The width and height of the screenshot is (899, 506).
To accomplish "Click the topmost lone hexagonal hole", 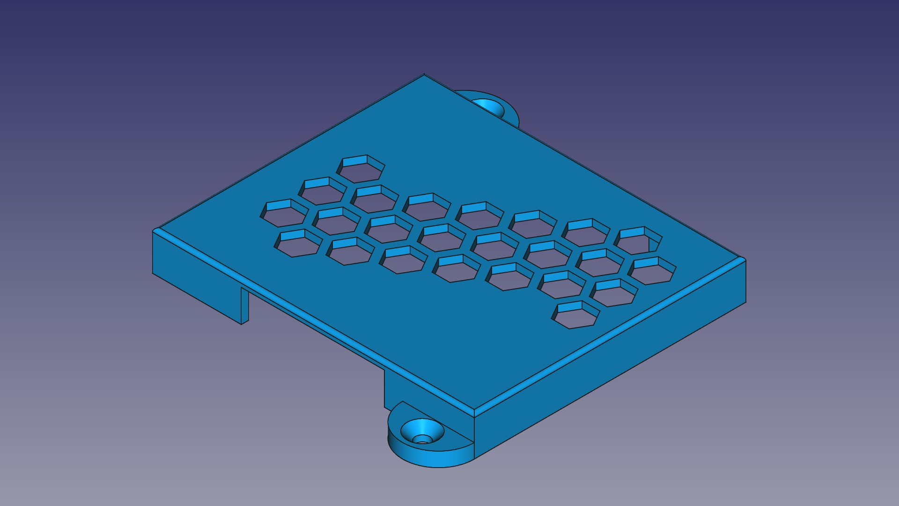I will coord(361,170).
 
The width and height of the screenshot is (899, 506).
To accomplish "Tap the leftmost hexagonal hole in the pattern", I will coord(284,214).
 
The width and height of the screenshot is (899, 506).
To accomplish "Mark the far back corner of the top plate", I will coord(424,75).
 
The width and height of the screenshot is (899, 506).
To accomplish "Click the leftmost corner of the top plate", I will coord(154,231).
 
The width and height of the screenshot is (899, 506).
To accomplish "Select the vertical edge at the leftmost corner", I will coord(153,253).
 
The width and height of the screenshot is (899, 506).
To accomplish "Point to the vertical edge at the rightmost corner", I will coord(745,281).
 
